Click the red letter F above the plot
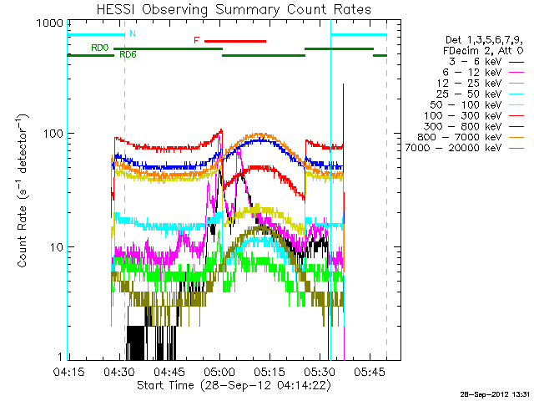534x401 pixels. coord(196,40)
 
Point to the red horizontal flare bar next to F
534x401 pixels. coord(235,40)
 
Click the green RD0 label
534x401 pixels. coord(99,48)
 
